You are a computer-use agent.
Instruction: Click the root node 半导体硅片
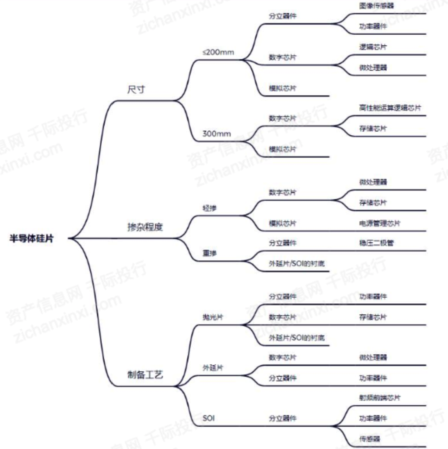[x=31, y=239]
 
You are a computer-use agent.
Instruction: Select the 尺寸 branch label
[x=136, y=90]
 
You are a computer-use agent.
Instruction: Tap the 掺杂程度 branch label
[x=145, y=227]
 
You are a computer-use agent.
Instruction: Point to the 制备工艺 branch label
[x=145, y=374]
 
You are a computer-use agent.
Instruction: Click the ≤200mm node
[x=218, y=52]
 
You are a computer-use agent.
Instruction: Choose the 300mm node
[x=217, y=134]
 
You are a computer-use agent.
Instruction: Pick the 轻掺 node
[x=210, y=208]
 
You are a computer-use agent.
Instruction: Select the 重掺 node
[x=210, y=253]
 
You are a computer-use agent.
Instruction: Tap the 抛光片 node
[x=213, y=317]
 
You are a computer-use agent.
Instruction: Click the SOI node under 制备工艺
[x=209, y=418]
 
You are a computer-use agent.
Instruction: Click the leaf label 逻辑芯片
[x=373, y=47]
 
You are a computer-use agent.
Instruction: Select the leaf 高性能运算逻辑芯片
[x=390, y=108]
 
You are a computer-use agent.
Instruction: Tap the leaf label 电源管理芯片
[x=379, y=223]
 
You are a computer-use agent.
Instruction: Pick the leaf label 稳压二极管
[x=376, y=243]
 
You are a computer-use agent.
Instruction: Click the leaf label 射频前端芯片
[x=379, y=398]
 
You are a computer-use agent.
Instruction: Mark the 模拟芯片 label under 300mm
[x=283, y=149]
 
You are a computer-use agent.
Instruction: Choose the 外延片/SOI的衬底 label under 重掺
[x=296, y=264]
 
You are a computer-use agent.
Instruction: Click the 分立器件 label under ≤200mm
[x=283, y=16]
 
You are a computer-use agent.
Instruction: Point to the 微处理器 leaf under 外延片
[x=373, y=358]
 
